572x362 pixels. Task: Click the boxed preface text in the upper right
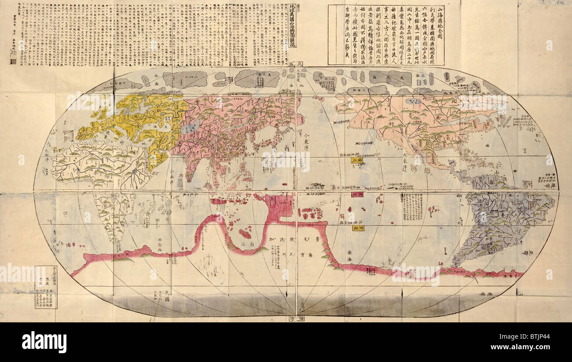click(386, 35)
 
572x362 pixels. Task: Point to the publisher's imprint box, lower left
click(46, 287)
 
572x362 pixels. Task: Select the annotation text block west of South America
click(412, 207)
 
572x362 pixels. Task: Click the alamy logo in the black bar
click(44, 342)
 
